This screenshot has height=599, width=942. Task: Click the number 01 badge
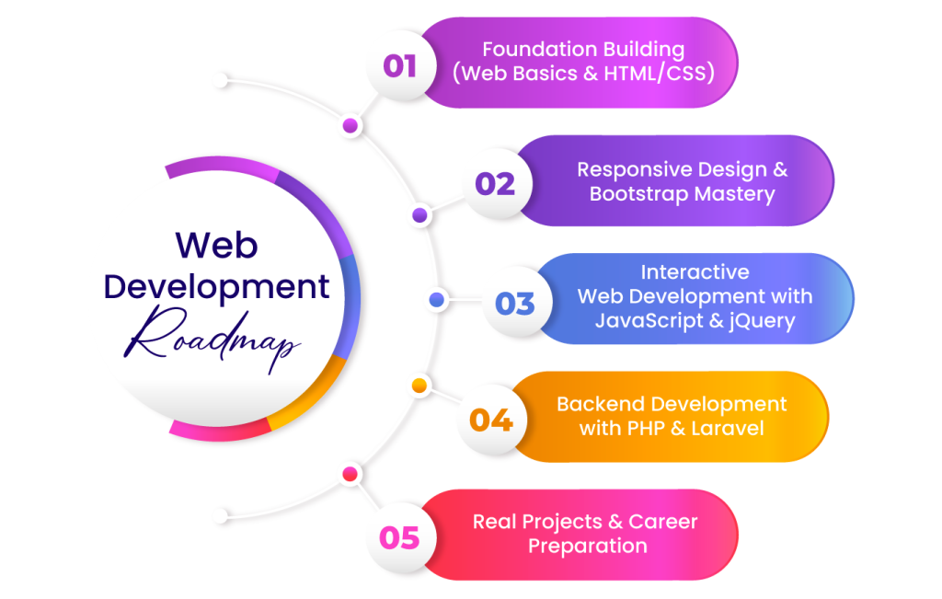tap(399, 65)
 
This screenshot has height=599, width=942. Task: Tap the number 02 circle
tap(494, 184)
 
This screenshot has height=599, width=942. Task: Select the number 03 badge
tap(514, 303)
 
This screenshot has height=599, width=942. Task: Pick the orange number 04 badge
tap(490, 420)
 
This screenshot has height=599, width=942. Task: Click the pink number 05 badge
tap(399, 537)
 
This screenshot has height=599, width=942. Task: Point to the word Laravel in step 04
tap(722, 428)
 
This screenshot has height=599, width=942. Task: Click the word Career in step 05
tap(663, 522)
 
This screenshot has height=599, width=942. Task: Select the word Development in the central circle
tap(216, 286)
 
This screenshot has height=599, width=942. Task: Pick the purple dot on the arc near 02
tap(419, 215)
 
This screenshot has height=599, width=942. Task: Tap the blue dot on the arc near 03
tap(437, 300)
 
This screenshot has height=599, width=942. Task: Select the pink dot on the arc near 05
tap(350, 475)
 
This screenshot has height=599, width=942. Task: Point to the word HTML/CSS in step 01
tap(663, 74)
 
